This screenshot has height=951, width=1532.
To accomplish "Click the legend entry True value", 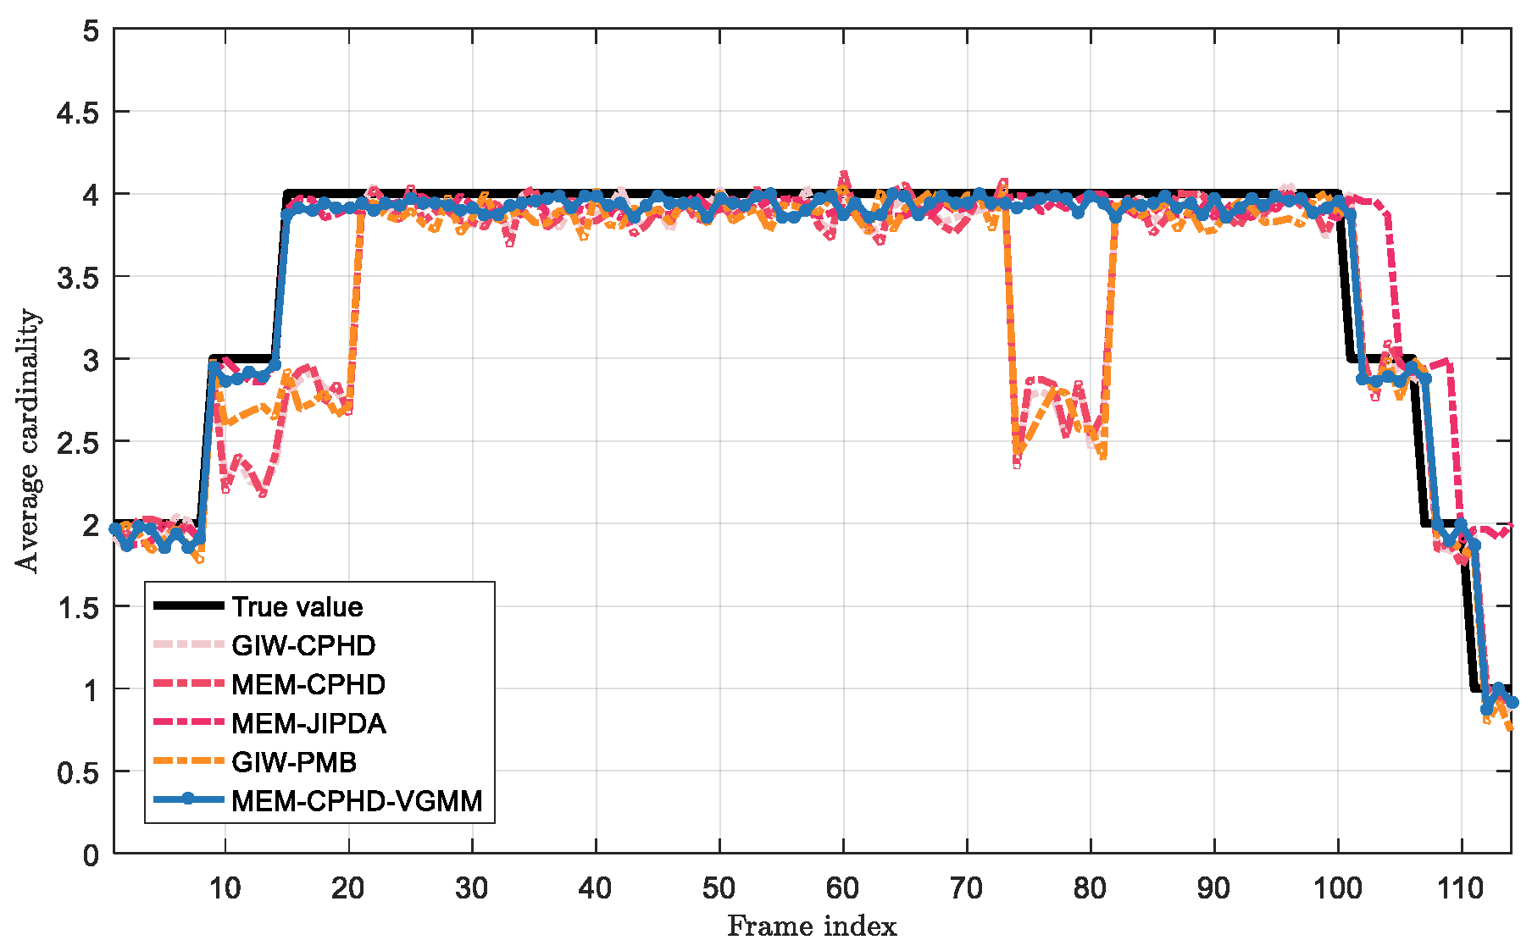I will [297, 606].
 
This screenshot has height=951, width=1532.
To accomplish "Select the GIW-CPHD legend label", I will [303, 645].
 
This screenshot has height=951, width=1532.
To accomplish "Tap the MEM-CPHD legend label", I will [308, 684].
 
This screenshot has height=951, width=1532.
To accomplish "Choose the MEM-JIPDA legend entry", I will [308, 723].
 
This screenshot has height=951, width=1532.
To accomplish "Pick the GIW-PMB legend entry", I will [294, 762].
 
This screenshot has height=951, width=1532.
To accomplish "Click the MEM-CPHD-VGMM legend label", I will [357, 800].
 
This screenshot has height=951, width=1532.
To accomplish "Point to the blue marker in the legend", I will [189, 799].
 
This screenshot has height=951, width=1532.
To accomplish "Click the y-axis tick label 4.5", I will [77, 113].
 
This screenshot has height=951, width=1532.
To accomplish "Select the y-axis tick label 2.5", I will [77, 442].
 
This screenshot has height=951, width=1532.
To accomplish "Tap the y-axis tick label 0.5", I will [77, 772].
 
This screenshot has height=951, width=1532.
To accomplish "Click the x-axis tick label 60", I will [842, 888].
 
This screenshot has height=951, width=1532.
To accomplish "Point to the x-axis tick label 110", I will [1461, 888].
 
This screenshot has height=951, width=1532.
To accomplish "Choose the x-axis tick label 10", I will [225, 888].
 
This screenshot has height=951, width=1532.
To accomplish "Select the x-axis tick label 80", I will [1090, 888].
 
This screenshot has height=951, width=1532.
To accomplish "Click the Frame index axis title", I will [812, 926].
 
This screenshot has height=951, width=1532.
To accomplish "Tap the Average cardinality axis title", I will [27, 440].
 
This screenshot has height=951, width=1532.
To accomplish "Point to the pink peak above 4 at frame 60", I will [843, 174].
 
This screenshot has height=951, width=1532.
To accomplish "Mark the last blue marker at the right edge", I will [1512, 702].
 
